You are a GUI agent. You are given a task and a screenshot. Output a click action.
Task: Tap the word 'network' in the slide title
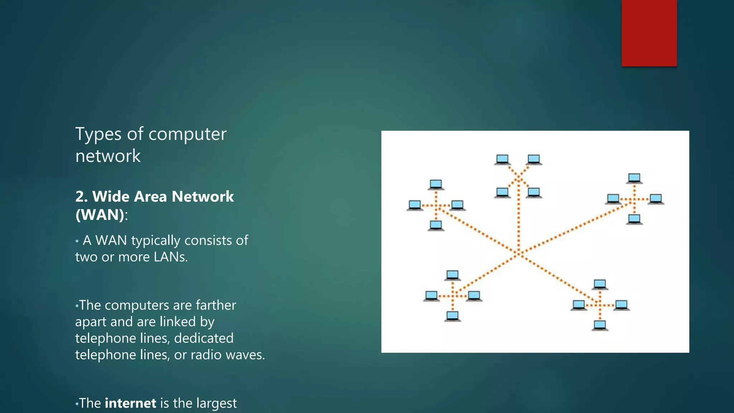coord(108,156)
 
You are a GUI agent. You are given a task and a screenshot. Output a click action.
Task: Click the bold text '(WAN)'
coord(100,215)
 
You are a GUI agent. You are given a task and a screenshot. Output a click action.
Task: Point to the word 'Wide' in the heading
coord(111,196)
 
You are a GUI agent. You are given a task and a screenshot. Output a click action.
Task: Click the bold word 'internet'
coord(130,403)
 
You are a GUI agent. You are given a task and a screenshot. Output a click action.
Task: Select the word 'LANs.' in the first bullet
coord(171,257)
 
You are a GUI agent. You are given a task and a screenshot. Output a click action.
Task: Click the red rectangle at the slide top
coord(649,33)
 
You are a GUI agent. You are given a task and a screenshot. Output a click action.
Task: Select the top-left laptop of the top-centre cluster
coord(502,159)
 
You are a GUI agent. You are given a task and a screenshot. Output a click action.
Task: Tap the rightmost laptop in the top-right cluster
coord(656,199)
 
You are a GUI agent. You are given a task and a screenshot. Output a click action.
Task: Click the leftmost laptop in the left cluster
coord(415,205)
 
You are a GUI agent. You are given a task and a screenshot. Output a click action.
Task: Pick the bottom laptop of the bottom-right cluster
coord(600,326)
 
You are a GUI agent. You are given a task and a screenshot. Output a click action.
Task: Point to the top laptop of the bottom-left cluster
coord(452,275)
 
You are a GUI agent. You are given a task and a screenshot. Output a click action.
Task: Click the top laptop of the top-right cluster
coord(634,178)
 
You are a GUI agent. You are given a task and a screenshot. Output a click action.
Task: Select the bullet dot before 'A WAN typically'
coord(77,241)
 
